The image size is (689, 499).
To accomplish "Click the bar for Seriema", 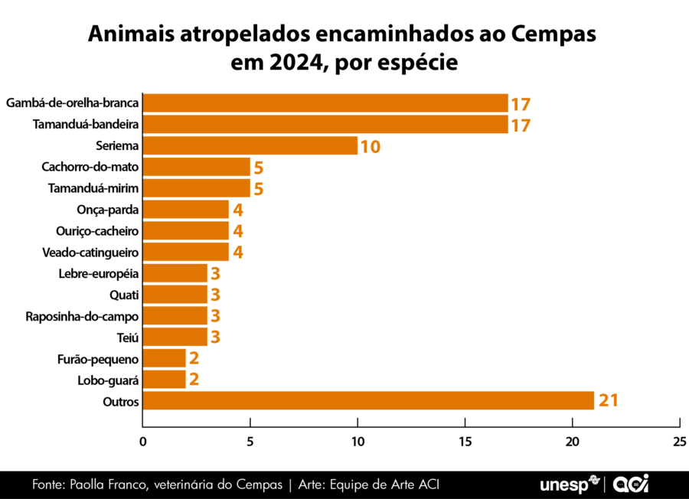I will pos(250,145).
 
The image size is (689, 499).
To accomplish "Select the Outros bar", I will pos(368,400).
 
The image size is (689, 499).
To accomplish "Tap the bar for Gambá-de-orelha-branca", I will pos(325,103).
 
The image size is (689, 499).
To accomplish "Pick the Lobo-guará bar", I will pos(165,380).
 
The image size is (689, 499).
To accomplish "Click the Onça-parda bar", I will pos(186,210).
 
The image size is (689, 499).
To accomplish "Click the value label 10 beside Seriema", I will pos(371,146).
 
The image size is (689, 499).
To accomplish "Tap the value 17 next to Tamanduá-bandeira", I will pos(521,125).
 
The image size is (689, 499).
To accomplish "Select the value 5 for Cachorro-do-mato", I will pos(258,167).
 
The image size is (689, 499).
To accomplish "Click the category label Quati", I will pos(125,295).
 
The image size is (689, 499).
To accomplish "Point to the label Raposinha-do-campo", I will pos(82,316).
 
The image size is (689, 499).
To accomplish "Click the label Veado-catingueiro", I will pos(90,252).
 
